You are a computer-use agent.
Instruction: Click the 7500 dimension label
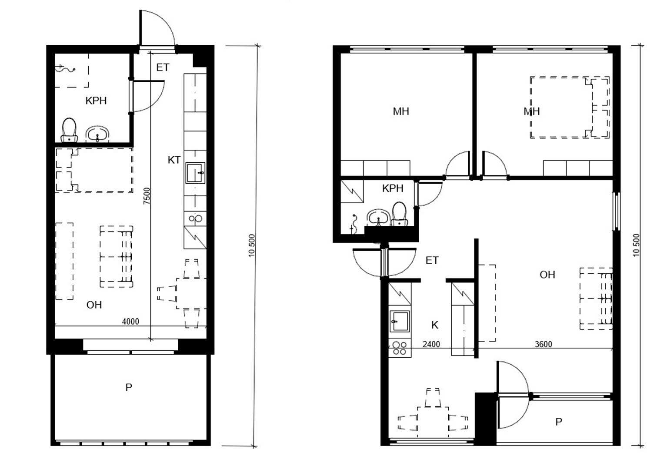[x=147, y=196]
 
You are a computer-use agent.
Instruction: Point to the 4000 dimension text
[x=130, y=322]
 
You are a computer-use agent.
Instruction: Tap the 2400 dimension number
[x=431, y=344]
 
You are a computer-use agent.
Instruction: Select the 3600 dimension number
[x=544, y=344]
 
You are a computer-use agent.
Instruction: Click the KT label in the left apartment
[x=174, y=160]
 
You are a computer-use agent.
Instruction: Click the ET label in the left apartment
[x=163, y=67]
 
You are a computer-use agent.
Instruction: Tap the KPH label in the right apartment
[x=393, y=188]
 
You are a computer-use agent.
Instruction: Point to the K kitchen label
[x=435, y=325]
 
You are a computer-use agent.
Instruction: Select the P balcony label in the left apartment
[x=129, y=387]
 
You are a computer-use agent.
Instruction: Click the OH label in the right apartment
[x=547, y=275]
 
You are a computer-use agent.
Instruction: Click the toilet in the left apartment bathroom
[x=69, y=130]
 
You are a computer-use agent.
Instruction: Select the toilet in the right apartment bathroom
[x=399, y=214]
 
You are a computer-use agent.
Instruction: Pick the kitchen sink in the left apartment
[x=195, y=173]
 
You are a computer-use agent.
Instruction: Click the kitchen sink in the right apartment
[x=400, y=322]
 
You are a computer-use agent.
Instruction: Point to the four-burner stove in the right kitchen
[x=400, y=348]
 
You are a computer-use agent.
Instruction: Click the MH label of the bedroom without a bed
[x=401, y=111]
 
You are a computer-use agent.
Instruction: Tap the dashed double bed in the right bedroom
[x=569, y=107]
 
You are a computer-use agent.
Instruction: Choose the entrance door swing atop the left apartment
[x=157, y=29]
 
